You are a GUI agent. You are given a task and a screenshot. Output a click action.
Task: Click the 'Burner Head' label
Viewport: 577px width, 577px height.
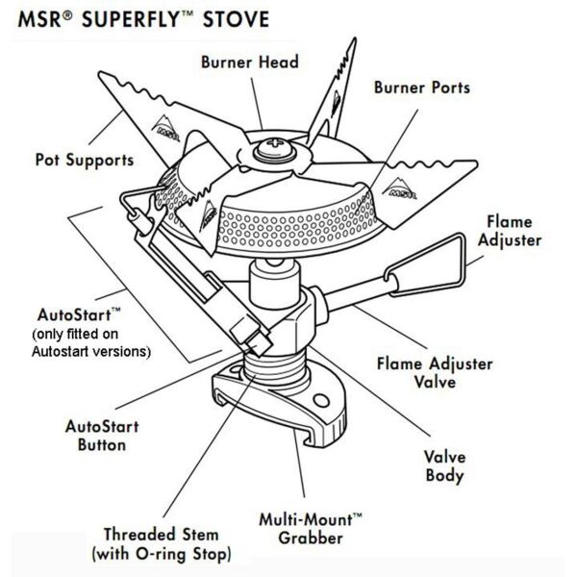coord(250,63)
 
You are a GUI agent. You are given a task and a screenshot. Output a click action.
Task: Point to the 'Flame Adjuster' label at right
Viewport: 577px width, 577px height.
coord(525,230)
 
